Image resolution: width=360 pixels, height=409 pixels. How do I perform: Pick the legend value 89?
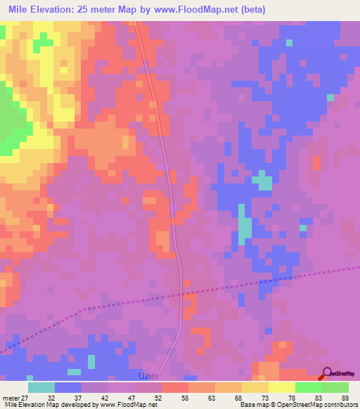tap(344, 397)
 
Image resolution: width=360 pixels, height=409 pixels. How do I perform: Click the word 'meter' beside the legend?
tap(11, 397)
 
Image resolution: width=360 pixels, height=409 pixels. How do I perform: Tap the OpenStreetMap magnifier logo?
tap(328, 374)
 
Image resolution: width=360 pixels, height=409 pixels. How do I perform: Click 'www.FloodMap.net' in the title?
tap(210, 10)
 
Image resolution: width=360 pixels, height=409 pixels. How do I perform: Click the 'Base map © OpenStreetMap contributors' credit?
tap(297, 405)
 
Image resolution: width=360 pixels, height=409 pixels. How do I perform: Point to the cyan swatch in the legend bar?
tap(41, 387)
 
